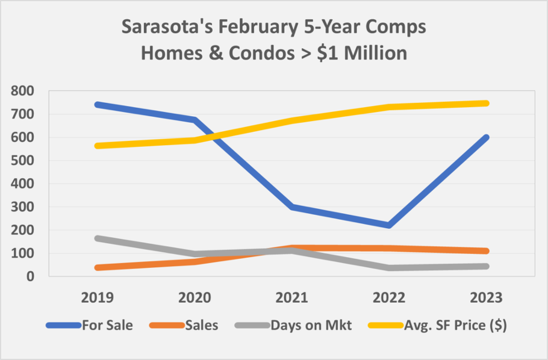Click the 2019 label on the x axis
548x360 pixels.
98,298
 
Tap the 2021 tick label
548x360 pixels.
292,298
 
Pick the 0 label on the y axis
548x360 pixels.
30,276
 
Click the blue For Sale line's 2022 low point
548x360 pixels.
390,225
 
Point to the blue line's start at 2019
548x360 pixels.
98,104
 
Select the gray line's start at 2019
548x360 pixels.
98,238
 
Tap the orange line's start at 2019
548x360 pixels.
98,267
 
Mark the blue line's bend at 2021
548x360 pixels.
292,206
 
